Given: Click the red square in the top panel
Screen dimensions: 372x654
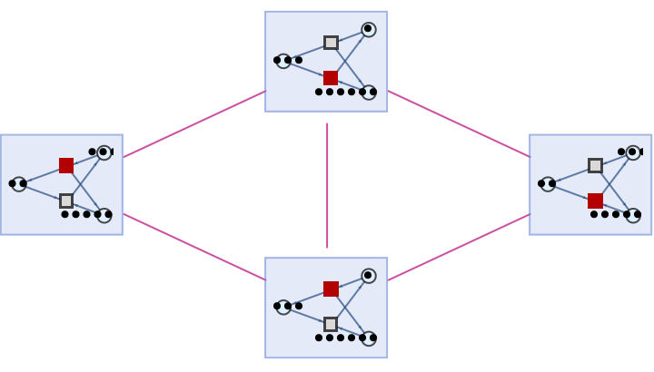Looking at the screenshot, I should pyautogui.click(x=331, y=78).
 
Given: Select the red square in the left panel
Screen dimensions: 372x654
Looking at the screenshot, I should pyautogui.click(x=66, y=165).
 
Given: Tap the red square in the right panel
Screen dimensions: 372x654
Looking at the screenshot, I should pyautogui.click(x=595, y=201).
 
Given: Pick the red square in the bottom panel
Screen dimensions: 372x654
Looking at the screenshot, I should pyautogui.click(x=331, y=289).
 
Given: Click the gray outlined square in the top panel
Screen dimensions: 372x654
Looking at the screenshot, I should pyautogui.click(x=331, y=43).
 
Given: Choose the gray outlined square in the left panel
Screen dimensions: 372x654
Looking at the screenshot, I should pyautogui.click(x=66, y=201).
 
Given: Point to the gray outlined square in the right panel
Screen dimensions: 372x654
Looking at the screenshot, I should pyautogui.click(x=595, y=165).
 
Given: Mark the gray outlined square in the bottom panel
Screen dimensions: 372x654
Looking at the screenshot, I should pyautogui.click(x=331, y=324).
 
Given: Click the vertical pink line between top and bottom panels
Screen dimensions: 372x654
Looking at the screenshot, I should pyautogui.click(x=327, y=185).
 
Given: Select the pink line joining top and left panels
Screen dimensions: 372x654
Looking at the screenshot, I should pyautogui.click(x=194, y=124).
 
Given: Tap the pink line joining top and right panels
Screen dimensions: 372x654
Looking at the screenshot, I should pyautogui.click(x=459, y=124).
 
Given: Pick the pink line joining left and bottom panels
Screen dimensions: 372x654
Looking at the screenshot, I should pyautogui.click(x=194, y=247).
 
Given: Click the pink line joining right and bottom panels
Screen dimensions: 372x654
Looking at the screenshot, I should pyautogui.click(x=459, y=247).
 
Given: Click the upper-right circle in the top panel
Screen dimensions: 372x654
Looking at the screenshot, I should pyautogui.click(x=369, y=30).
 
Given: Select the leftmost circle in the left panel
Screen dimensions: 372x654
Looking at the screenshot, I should pyautogui.click(x=19, y=184).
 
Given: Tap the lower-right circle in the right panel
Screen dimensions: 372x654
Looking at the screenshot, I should pyautogui.click(x=633, y=215).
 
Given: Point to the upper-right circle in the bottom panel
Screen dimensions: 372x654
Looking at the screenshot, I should pyautogui.click(x=369, y=276).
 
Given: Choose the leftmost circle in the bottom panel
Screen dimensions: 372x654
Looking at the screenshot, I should pyautogui.click(x=283, y=307).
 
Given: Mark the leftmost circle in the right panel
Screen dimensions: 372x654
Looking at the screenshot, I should pyautogui.click(x=548, y=184).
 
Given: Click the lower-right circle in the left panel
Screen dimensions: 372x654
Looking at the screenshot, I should pyautogui.click(x=104, y=215).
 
